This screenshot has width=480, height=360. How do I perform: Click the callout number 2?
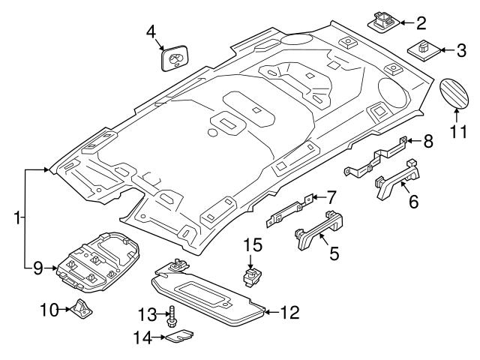click(421, 22)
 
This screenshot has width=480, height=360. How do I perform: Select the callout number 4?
click(151, 32)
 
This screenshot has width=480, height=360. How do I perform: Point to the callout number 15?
click(253, 245)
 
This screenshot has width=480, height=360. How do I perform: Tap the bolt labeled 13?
click(172, 316)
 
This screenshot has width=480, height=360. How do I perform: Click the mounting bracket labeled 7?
click(289, 214)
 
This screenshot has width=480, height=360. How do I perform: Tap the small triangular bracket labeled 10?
click(79, 309)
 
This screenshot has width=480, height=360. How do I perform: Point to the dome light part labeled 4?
click(175, 58)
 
